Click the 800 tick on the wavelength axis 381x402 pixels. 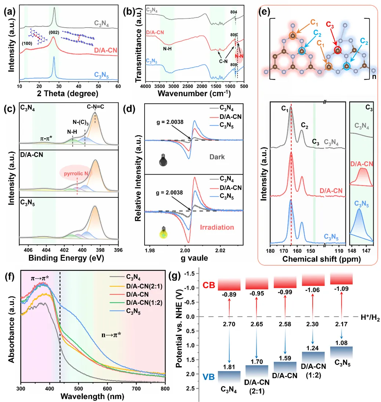(165, 388)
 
